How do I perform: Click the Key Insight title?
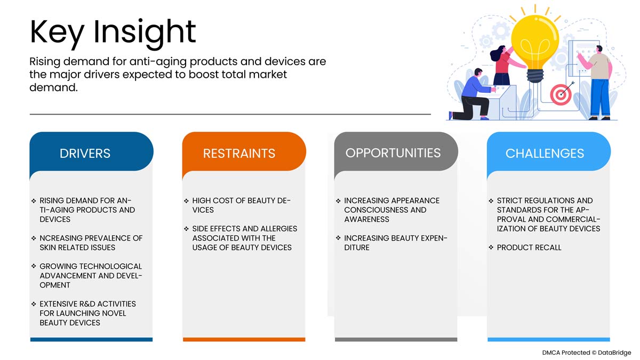click(113, 31)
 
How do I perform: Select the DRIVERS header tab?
click(85, 154)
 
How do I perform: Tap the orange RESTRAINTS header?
click(239, 154)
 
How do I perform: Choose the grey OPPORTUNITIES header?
click(393, 153)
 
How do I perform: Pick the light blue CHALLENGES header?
click(545, 154)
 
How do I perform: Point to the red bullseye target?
click(561, 94)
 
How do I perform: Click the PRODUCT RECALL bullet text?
click(529, 247)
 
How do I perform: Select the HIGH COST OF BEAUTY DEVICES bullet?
click(241, 205)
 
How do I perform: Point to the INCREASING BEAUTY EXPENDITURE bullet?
click(395, 243)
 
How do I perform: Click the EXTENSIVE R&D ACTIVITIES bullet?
click(87, 313)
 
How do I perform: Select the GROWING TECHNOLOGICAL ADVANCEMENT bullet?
click(91, 275)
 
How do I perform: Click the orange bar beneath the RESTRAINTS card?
click(244, 339)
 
